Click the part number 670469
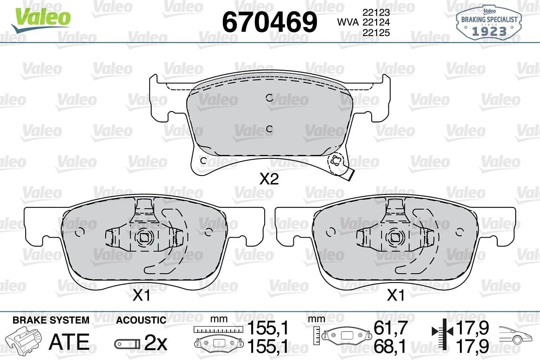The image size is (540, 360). pyautogui.click(x=270, y=22)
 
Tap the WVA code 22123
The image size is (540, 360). pyautogui.click(x=376, y=12)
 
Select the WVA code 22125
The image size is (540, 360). pyautogui.click(x=376, y=32)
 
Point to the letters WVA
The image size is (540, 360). pyautogui.click(x=348, y=22)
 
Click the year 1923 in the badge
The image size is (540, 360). pyautogui.click(x=490, y=31)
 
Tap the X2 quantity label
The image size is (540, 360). pyautogui.click(x=269, y=179)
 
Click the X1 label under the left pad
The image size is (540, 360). pyautogui.click(x=142, y=295)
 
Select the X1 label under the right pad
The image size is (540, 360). pyautogui.click(x=396, y=295)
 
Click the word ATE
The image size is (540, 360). pyautogui.click(x=69, y=342)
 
